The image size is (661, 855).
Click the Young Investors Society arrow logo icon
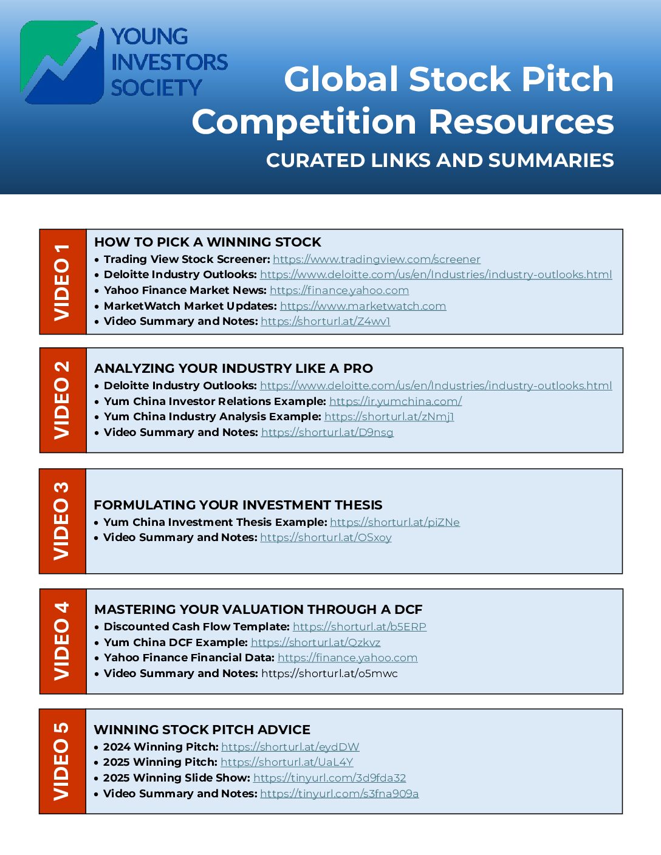coord(62,63)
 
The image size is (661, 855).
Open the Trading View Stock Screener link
coord(376,259)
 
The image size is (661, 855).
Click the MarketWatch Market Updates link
coord(363,306)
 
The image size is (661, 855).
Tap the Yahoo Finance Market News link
coord(339,290)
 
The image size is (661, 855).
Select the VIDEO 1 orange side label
coord(63,282)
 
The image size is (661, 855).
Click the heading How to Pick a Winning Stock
coord(208,242)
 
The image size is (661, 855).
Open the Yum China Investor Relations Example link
coord(396,401)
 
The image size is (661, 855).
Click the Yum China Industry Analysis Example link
coord(389,417)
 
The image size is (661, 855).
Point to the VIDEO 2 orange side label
coord(63,400)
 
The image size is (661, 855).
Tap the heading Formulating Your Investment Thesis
coord(238,505)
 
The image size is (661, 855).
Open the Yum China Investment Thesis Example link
coord(394,522)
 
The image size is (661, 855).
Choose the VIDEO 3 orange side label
coord(63,521)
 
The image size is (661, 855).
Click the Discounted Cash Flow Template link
coord(359,627)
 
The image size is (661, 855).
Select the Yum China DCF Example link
coord(315,642)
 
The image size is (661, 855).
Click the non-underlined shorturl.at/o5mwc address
coord(329,673)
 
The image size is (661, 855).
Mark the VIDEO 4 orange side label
coord(63,641)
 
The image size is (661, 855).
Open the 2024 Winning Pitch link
coord(290,747)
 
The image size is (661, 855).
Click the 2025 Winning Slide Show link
coord(329,778)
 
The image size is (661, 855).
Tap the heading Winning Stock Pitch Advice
coord(202,729)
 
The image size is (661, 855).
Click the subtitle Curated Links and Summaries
coord(440,160)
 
